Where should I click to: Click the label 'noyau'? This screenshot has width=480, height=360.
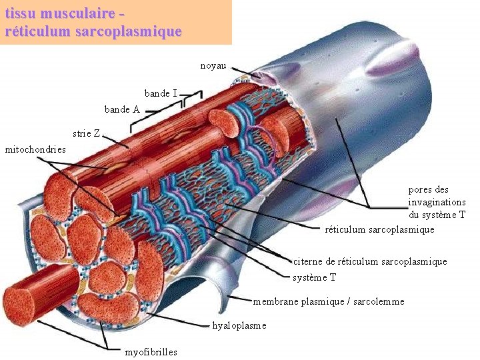[x=213, y=66]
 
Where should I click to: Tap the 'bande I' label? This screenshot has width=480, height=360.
[x=161, y=93]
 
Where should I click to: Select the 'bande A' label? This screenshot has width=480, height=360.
[x=122, y=109]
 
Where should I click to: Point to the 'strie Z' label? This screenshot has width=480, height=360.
[x=87, y=133]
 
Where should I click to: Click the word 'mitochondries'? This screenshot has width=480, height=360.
[x=35, y=149]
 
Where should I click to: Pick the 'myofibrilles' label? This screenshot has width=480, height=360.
[x=151, y=352]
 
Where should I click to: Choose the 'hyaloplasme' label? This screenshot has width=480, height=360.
[x=239, y=325]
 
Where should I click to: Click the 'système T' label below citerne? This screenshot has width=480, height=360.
[x=315, y=277]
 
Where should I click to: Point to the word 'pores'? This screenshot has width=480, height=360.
[x=419, y=190]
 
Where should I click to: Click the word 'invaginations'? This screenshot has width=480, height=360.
[x=437, y=202]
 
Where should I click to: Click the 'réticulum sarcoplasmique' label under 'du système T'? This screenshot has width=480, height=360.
[x=379, y=229]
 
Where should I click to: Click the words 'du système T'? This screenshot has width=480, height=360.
[x=437, y=215]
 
